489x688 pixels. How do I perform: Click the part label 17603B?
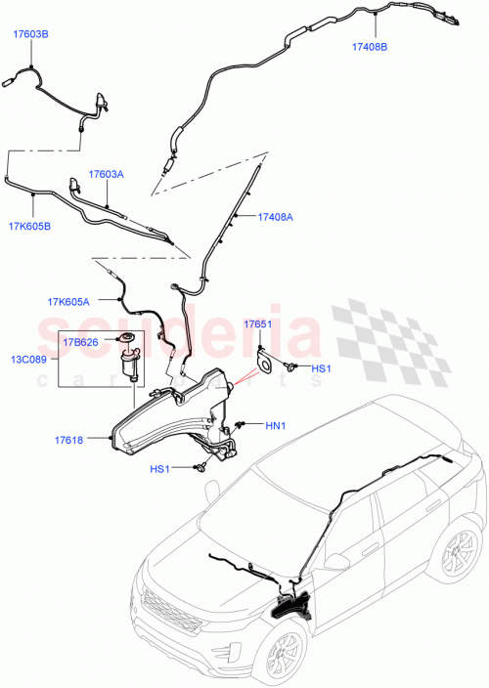(x=30, y=34)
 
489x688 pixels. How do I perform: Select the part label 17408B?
(x=370, y=46)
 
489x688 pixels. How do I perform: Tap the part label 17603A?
(x=107, y=174)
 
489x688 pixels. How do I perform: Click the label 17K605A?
(x=68, y=302)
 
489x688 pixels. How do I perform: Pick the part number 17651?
(x=257, y=322)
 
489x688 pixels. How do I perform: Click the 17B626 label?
(x=81, y=343)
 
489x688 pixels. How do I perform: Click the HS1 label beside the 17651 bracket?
(x=322, y=368)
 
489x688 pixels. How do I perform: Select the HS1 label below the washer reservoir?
(x=159, y=469)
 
